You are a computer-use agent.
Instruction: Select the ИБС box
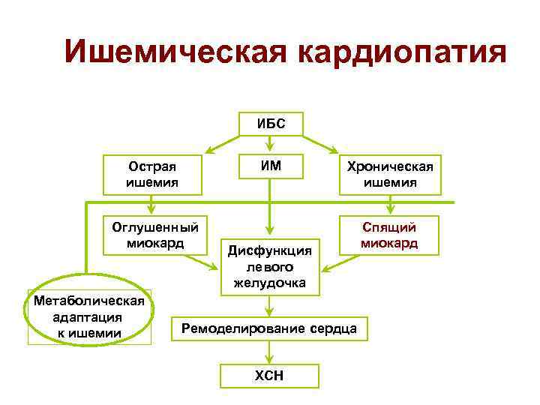point(270,124)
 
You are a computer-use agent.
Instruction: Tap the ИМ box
point(270,166)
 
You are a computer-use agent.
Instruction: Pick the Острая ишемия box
point(154,174)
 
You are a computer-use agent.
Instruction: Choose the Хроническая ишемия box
point(390,174)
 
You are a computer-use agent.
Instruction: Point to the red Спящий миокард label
point(389,235)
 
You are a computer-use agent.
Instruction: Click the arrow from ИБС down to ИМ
point(270,145)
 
